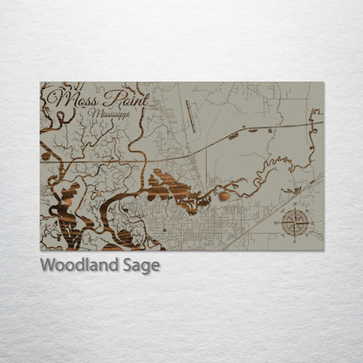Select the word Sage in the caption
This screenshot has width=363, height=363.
point(140,266)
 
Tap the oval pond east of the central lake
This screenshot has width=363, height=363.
point(224,195)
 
